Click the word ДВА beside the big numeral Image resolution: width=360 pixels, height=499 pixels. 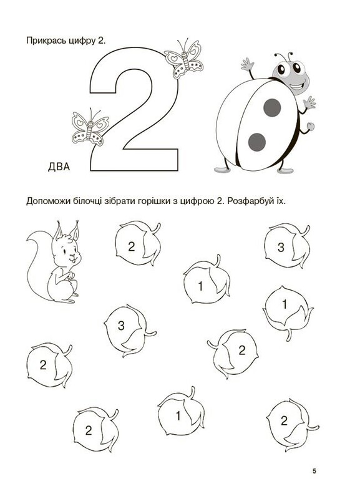(59, 167)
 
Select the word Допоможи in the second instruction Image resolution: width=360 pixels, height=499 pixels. (46, 201)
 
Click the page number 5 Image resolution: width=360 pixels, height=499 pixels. (314, 472)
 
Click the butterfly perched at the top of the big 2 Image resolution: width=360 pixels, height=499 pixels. (184, 59)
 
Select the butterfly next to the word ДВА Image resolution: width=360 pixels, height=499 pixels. (90, 127)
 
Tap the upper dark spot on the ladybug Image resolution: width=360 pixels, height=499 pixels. (272, 107)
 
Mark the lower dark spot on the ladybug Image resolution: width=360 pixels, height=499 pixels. (257, 142)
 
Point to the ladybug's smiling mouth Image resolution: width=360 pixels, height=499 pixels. (297, 86)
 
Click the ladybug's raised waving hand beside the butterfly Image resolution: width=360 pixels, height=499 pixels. (247, 65)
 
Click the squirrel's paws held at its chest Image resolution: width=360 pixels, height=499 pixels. (69, 276)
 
